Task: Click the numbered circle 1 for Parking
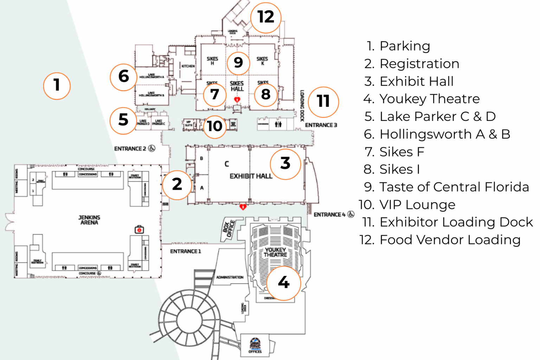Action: click(57, 86)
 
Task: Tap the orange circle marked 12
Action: click(265, 17)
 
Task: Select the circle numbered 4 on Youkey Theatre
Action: click(283, 283)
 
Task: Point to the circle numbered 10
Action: click(214, 126)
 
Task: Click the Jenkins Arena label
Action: click(89, 220)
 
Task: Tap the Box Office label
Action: click(229, 229)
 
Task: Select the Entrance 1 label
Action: click(185, 251)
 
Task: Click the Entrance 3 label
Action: click(321, 125)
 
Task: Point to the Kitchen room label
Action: click(188, 66)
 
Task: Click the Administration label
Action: click(230, 277)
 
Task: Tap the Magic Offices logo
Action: click(255, 345)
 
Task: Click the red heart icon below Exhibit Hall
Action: click(243, 207)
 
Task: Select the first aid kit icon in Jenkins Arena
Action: click(139, 230)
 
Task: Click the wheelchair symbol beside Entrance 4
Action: click(351, 214)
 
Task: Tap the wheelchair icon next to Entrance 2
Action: click(152, 148)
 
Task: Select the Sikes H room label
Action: click(212, 61)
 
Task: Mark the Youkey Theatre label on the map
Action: click(275, 252)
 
